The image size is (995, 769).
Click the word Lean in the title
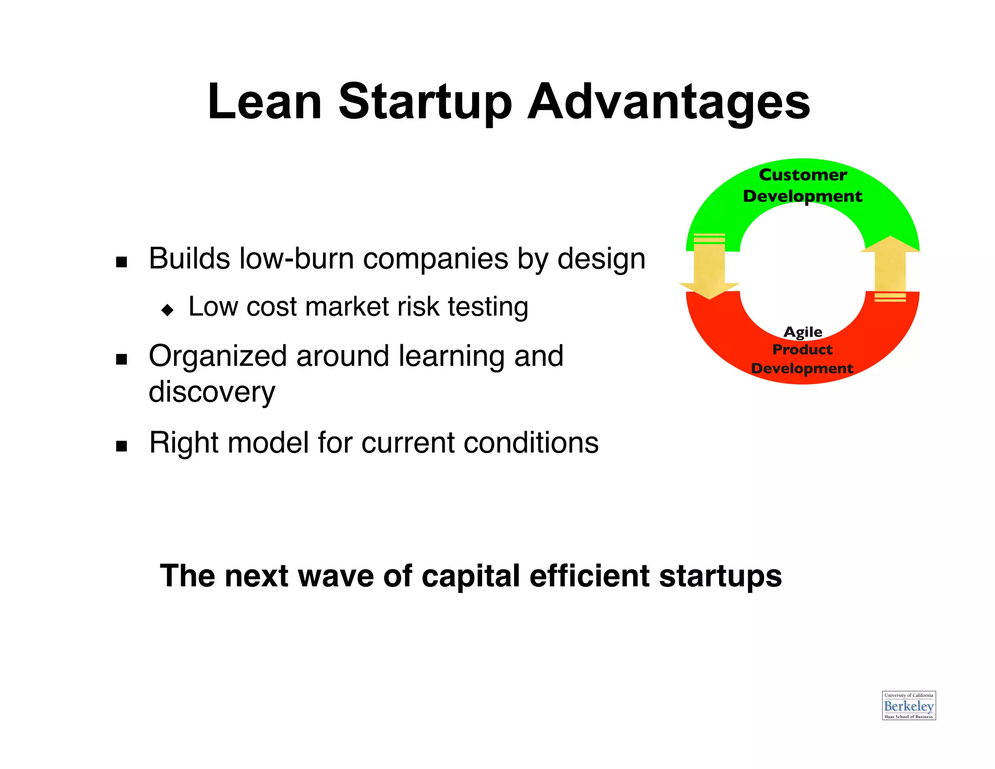265,102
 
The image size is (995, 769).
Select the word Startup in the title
425,102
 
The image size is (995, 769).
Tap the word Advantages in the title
669,102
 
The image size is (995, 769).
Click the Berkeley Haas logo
909,705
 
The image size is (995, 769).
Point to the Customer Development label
803,185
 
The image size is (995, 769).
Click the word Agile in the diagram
803,332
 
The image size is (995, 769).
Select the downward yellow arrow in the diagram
709,270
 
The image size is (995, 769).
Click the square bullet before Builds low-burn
121,262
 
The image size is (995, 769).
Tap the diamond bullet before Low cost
168,310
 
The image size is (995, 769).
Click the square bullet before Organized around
121,360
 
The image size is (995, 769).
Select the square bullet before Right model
121,446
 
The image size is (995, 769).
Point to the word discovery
212,392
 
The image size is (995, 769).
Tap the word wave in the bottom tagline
335,576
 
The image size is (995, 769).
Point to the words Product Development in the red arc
802,359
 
